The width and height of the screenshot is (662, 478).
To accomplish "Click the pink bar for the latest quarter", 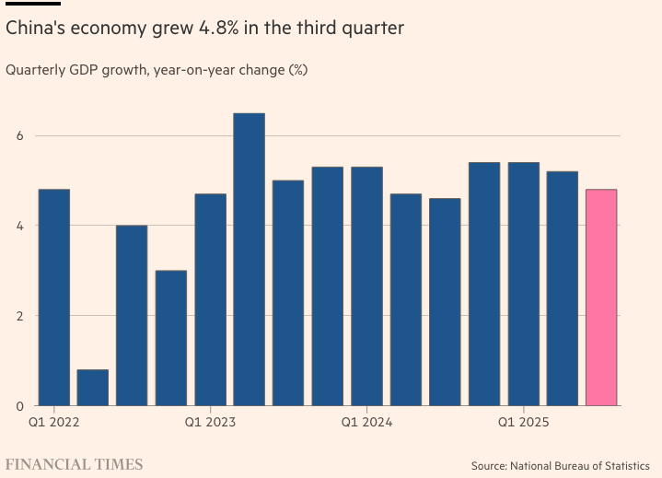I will (x=601, y=297).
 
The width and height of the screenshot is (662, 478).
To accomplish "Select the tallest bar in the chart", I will (x=249, y=259).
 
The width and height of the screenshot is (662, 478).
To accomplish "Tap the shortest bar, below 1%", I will (x=92, y=387).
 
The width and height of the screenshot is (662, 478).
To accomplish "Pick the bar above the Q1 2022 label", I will (x=53, y=297).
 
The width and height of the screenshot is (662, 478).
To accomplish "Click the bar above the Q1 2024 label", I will (x=366, y=286).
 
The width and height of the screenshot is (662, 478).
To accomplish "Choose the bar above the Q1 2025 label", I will (x=523, y=284).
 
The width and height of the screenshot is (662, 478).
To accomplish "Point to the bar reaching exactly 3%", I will (x=170, y=337).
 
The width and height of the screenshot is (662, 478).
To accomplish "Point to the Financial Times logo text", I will (x=75, y=464).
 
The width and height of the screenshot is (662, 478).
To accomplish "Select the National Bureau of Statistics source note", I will (x=560, y=466).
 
